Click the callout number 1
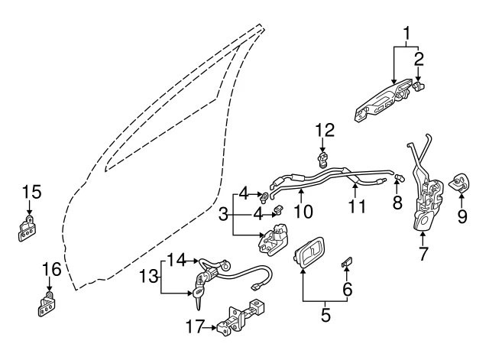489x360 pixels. click(406, 35)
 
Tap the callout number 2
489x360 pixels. click(419, 60)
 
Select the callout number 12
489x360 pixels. click(325, 131)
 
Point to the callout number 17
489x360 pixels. click(196, 326)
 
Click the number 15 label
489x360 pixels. click(32, 192)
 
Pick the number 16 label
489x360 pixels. click(52, 269)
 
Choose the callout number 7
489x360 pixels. click(423, 253)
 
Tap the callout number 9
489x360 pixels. click(461, 216)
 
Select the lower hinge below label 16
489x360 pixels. click(47, 304)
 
